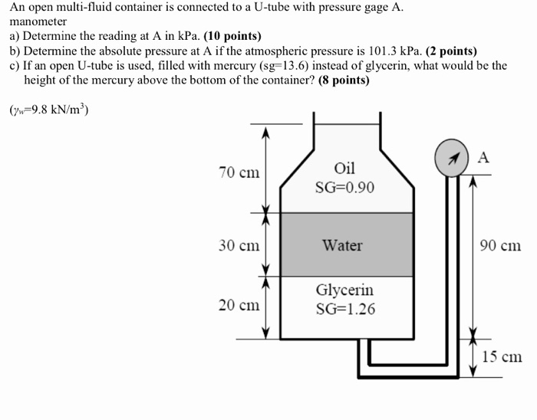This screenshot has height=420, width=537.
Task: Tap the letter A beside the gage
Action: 483,157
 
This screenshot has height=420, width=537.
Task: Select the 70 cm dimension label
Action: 239,172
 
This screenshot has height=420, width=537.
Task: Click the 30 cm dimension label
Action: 239,245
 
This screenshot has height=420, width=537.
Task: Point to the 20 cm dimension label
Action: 239,305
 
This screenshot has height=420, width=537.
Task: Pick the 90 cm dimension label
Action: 500,245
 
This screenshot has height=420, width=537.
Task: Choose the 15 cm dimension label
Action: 502,356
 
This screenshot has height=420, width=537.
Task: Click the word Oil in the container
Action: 344,168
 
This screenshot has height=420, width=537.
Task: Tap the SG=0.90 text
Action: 344,187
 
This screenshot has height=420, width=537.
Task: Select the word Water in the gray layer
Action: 342,245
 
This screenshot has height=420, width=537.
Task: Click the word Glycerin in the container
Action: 344,290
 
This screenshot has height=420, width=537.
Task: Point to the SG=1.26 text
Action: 345,310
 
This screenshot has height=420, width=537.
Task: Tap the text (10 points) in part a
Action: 232,36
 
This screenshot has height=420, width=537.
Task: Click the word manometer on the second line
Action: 38,21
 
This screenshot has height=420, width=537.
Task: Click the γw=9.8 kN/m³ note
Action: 49,109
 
